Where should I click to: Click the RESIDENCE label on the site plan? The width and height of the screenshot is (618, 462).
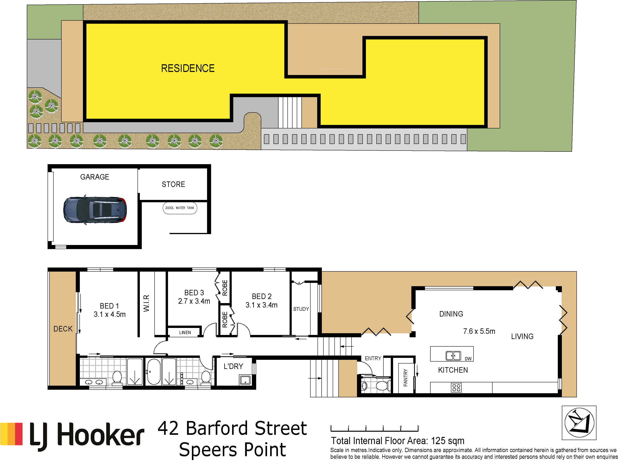[188, 68]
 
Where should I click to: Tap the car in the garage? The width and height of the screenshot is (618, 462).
[95, 210]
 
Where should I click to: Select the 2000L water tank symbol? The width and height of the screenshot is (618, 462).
[180, 208]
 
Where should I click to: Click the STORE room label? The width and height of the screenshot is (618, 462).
[173, 184]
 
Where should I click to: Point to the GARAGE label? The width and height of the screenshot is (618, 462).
[95, 177]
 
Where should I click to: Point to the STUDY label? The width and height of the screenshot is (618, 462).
[301, 309]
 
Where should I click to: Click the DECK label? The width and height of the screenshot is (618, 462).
[63, 329]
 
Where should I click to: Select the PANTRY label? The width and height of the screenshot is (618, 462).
[406, 378]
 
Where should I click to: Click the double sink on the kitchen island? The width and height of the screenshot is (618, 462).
[453, 356]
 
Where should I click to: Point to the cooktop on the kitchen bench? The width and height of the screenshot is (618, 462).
[456, 387]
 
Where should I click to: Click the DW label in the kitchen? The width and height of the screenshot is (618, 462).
[468, 359]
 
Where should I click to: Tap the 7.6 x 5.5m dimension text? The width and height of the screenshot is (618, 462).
[479, 331]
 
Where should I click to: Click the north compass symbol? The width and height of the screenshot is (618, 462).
[579, 423]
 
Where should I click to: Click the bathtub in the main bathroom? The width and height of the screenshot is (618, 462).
[154, 372]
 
